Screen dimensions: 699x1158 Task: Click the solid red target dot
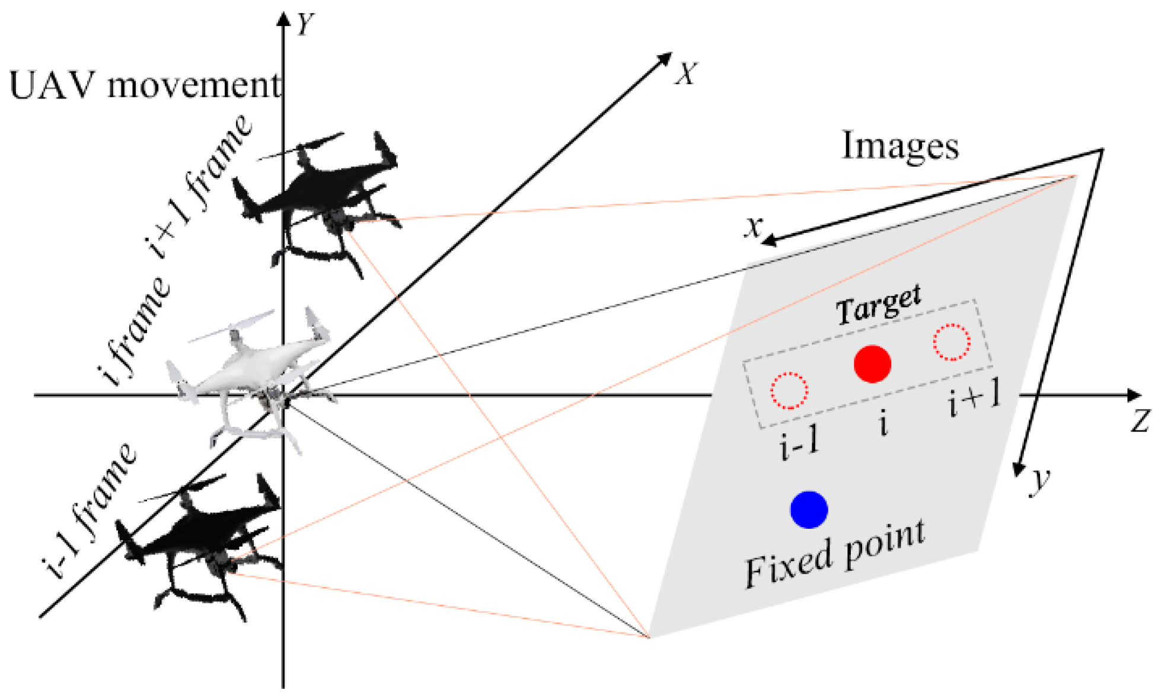pos(872,363)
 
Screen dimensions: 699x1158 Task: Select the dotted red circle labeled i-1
pos(789,390)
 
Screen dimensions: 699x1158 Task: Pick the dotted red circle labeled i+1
pos(952,342)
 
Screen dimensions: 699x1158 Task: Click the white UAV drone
pos(249,374)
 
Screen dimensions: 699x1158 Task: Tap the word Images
pos(900,146)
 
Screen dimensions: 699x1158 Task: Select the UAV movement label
pos(145,85)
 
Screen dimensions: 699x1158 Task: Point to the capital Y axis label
pos(305,24)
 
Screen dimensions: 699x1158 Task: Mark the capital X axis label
pos(686,74)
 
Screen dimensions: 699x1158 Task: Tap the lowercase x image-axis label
pos(754,226)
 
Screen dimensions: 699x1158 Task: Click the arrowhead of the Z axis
pos(1133,395)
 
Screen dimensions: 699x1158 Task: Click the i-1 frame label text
pos(90,510)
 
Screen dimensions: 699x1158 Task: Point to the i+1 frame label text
pos(199,185)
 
